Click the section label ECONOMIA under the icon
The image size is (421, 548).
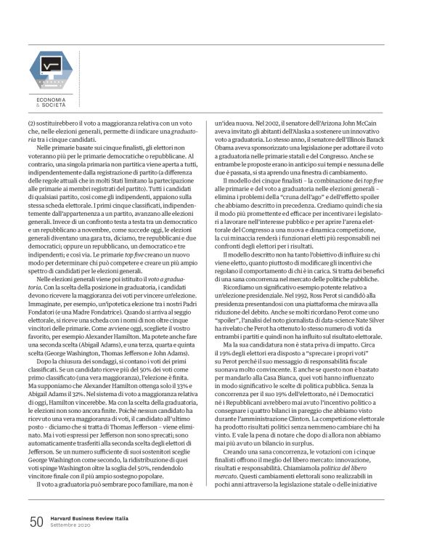[x=52, y=98]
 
